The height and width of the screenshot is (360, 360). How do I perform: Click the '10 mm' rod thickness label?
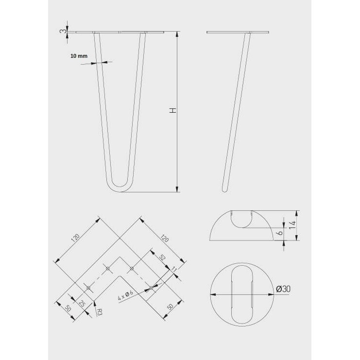(79, 56)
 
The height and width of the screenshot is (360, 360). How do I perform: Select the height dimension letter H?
(172, 111)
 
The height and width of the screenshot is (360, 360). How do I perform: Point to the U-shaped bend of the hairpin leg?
(118, 186)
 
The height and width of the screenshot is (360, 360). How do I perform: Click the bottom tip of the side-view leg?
(224, 190)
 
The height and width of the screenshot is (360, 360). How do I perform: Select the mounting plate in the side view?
(238, 32)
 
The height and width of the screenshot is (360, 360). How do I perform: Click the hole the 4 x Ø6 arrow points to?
(151, 288)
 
